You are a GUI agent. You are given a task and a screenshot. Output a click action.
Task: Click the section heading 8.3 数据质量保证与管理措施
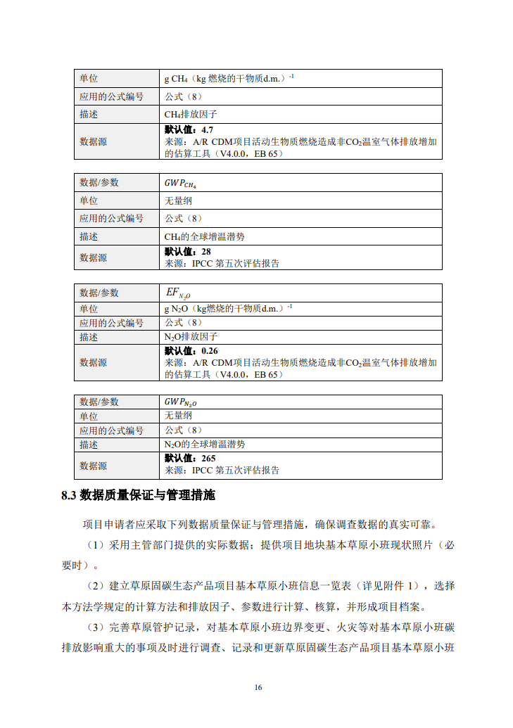pyautogui.click(x=138, y=495)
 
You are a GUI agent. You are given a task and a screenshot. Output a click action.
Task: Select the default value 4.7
pyautogui.click(x=207, y=130)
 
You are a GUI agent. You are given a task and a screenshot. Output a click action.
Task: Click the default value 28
pyautogui.click(x=205, y=251)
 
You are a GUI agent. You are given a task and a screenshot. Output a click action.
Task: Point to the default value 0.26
pyautogui.click(x=209, y=351)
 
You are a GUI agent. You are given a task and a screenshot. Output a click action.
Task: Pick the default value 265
pyautogui.click(x=208, y=458)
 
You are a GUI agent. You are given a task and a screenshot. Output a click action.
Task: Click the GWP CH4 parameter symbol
pyautogui.click(x=180, y=183)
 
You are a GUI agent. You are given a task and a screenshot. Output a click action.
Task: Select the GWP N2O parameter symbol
pyautogui.click(x=180, y=402)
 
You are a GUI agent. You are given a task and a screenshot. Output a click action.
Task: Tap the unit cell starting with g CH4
pyautogui.click(x=229, y=78)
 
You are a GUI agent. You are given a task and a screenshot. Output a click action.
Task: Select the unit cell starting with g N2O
pyautogui.click(x=228, y=308)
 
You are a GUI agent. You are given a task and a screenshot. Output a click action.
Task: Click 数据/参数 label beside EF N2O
pyautogui.click(x=99, y=293)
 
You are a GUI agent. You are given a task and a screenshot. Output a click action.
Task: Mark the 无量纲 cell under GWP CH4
pyautogui.click(x=178, y=200)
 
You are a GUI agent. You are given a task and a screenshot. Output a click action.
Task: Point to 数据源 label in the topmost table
pyautogui.click(x=93, y=141)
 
